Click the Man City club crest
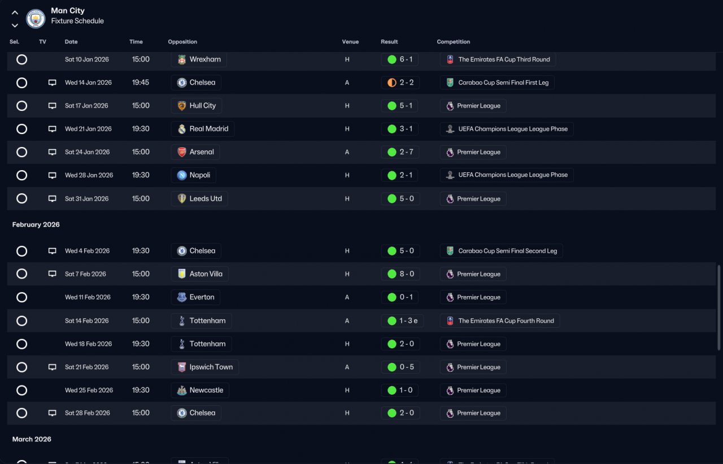click(36, 19)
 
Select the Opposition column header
click(182, 42)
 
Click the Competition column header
click(453, 42)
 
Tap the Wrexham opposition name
click(205, 59)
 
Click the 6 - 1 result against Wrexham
click(406, 59)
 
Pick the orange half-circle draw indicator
click(392, 83)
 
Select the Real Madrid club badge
click(182, 129)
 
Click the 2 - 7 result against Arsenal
click(406, 152)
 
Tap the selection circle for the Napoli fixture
click(21, 175)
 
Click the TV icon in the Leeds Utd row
click(53, 198)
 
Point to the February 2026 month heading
click(36, 224)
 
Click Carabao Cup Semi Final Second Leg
click(507, 251)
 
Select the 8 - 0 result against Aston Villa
click(407, 274)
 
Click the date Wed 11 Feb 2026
click(88, 297)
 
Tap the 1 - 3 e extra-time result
click(408, 320)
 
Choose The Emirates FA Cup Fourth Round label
click(506, 320)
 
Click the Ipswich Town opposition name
click(211, 367)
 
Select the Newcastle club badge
click(182, 391)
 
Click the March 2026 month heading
click(32, 439)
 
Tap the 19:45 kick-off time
click(141, 83)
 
